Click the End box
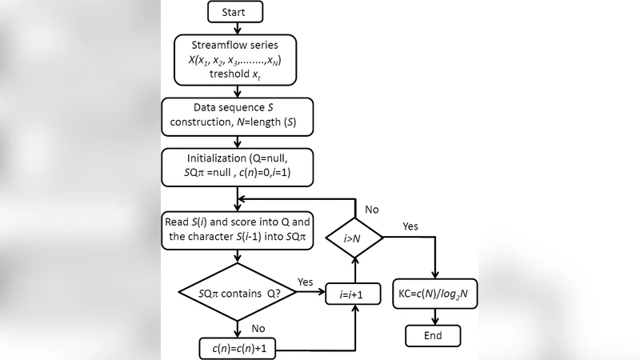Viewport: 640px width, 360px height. pos(433,334)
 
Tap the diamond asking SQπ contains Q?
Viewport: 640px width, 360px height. pos(237,294)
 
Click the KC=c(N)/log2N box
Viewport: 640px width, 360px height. pos(433,294)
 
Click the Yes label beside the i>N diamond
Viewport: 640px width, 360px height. pos(410,226)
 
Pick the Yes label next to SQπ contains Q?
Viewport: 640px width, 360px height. pos(306,282)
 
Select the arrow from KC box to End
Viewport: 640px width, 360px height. pos(433,314)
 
